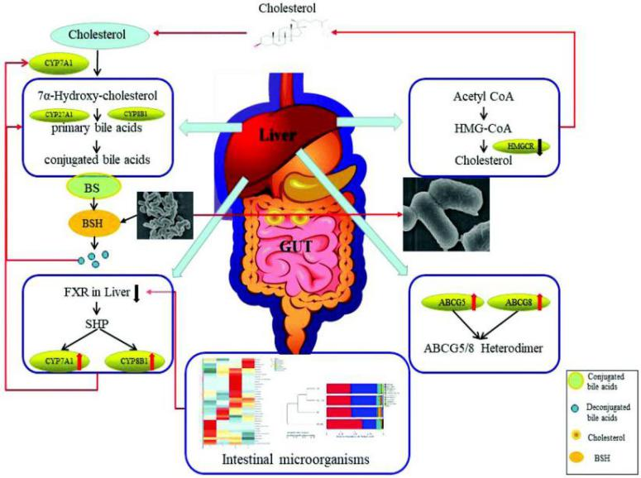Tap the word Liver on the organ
pyautogui.click(x=278, y=134)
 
